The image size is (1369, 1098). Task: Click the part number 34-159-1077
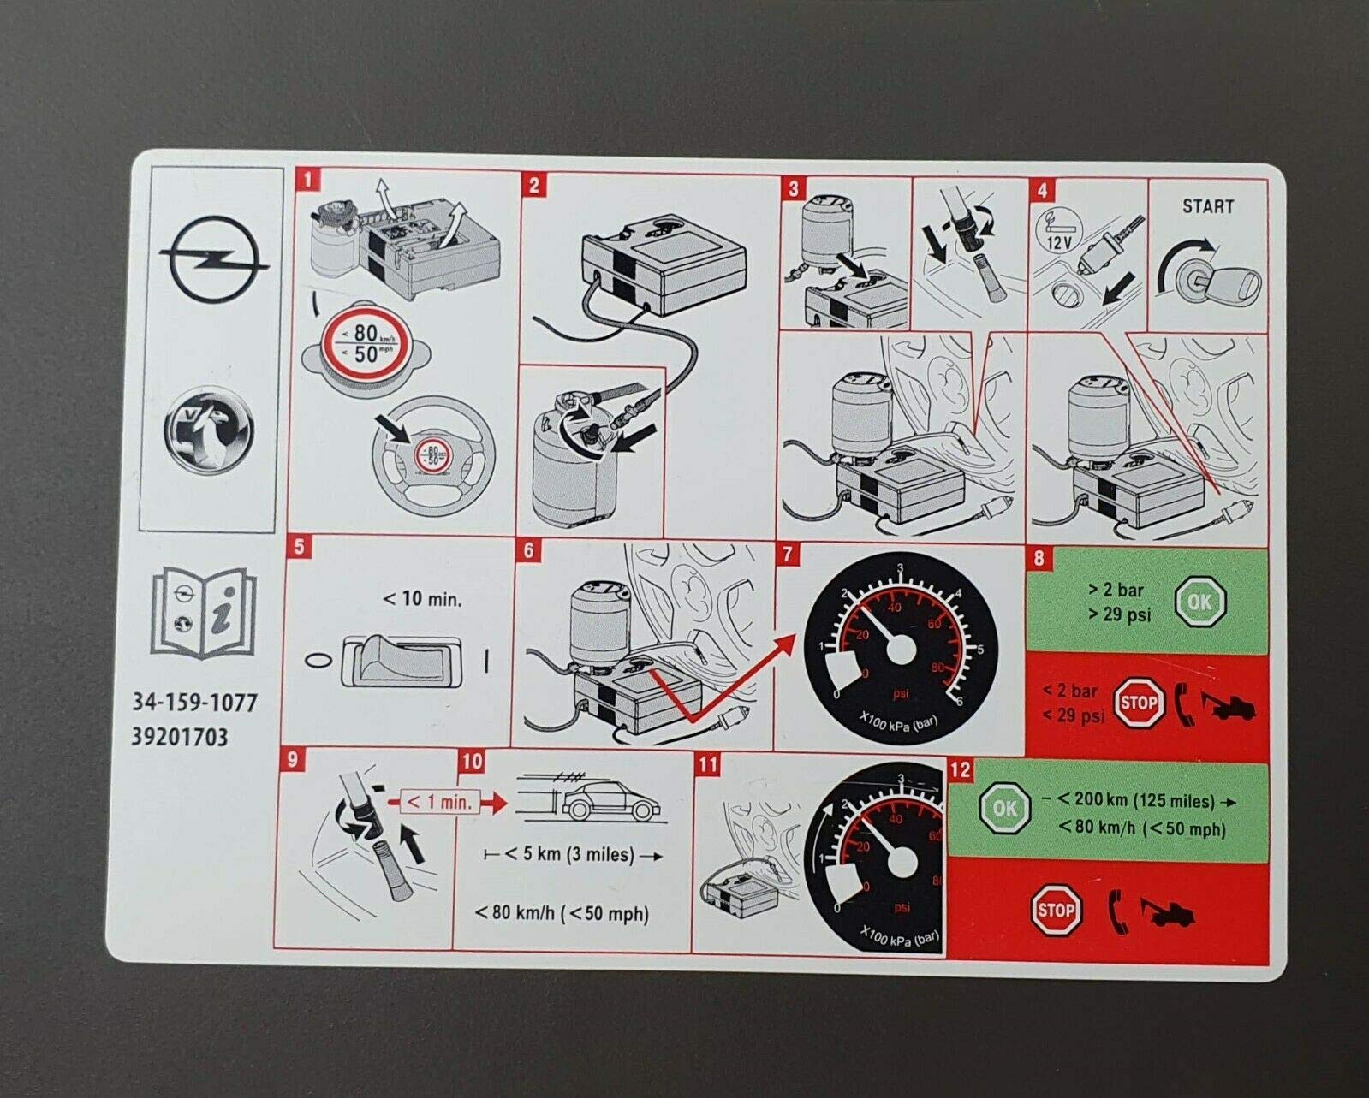[x=194, y=703]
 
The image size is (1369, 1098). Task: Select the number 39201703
[x=180, y=737]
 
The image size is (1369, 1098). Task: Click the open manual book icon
[x=204, y=614]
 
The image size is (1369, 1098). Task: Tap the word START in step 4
[x=1207, y=206]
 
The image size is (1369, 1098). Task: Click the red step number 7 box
[x=788, y=555]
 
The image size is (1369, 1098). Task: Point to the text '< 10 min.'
[x=421, y=599]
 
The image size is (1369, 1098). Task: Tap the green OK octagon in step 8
[x=1199, y=602]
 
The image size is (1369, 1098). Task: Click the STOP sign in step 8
[x=1139, y=703]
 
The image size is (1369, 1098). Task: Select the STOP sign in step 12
[x=1055, y=911]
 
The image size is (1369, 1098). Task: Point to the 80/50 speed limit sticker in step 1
[x=366, y=343]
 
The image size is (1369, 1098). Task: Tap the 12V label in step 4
[x=1059, y=242]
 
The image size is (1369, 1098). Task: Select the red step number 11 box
[x=707, y=763]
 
